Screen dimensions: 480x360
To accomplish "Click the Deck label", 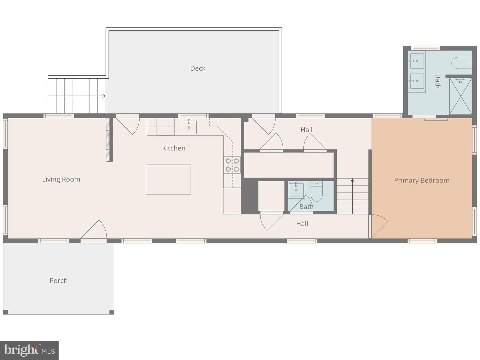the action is (198, 68).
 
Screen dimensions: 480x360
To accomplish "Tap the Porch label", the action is (58, 280).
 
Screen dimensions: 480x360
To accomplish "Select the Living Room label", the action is (61, 180).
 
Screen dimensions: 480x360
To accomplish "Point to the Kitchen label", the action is (174, 148).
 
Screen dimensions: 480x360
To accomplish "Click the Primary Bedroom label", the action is (422, 180).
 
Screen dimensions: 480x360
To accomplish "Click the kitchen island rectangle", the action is (168, 180).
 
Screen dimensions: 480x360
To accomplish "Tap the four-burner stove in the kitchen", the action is (232, 165).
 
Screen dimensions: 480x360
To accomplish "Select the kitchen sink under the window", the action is (189, 127).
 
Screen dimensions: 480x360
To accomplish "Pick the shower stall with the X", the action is (460, 96).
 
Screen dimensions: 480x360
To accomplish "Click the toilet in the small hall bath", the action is (316, 191).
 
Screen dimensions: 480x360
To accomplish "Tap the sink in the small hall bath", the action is (296, 190).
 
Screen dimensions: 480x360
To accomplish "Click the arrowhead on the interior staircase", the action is (353, 180).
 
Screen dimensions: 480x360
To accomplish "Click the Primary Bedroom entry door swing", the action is (380, 226).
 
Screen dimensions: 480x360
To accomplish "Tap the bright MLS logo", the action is (29, 350).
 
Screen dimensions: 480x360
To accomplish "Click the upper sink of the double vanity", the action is (417, 61).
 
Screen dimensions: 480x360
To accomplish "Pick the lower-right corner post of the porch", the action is (112, 312).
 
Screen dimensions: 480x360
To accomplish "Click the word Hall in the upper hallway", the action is (306, 130).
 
